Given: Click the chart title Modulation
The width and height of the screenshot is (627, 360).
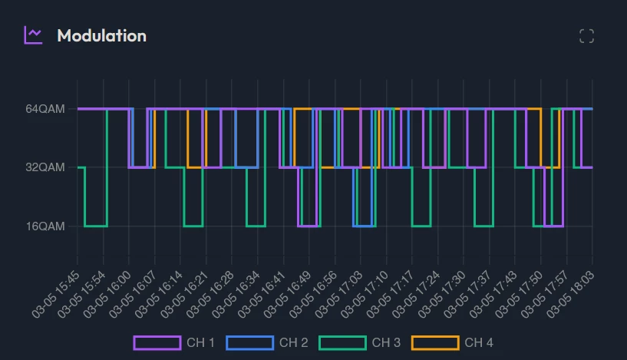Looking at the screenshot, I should point(101,35).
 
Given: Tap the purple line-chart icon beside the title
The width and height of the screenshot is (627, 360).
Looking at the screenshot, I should point(33,35).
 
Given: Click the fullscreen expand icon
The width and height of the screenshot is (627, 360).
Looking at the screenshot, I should point(586,36).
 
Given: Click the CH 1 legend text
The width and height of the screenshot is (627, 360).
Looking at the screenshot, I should point(200,342).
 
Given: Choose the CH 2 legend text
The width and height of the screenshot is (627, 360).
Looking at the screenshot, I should point(293,342).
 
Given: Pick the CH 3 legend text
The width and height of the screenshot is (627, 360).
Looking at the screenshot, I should point(386,342).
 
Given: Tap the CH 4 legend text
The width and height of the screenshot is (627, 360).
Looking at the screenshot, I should point(479,342).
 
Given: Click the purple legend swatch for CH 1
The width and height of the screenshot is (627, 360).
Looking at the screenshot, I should point(157,342).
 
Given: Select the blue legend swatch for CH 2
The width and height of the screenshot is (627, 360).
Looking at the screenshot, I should point(249,342).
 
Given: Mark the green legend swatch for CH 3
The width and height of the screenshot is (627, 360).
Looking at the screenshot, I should point(342,342).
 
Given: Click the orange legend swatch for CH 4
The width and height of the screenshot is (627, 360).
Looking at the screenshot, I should point(435,342).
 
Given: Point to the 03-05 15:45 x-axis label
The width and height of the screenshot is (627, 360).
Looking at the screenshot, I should point(57,292).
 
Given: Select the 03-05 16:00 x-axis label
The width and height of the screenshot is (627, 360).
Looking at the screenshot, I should point(108,292).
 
